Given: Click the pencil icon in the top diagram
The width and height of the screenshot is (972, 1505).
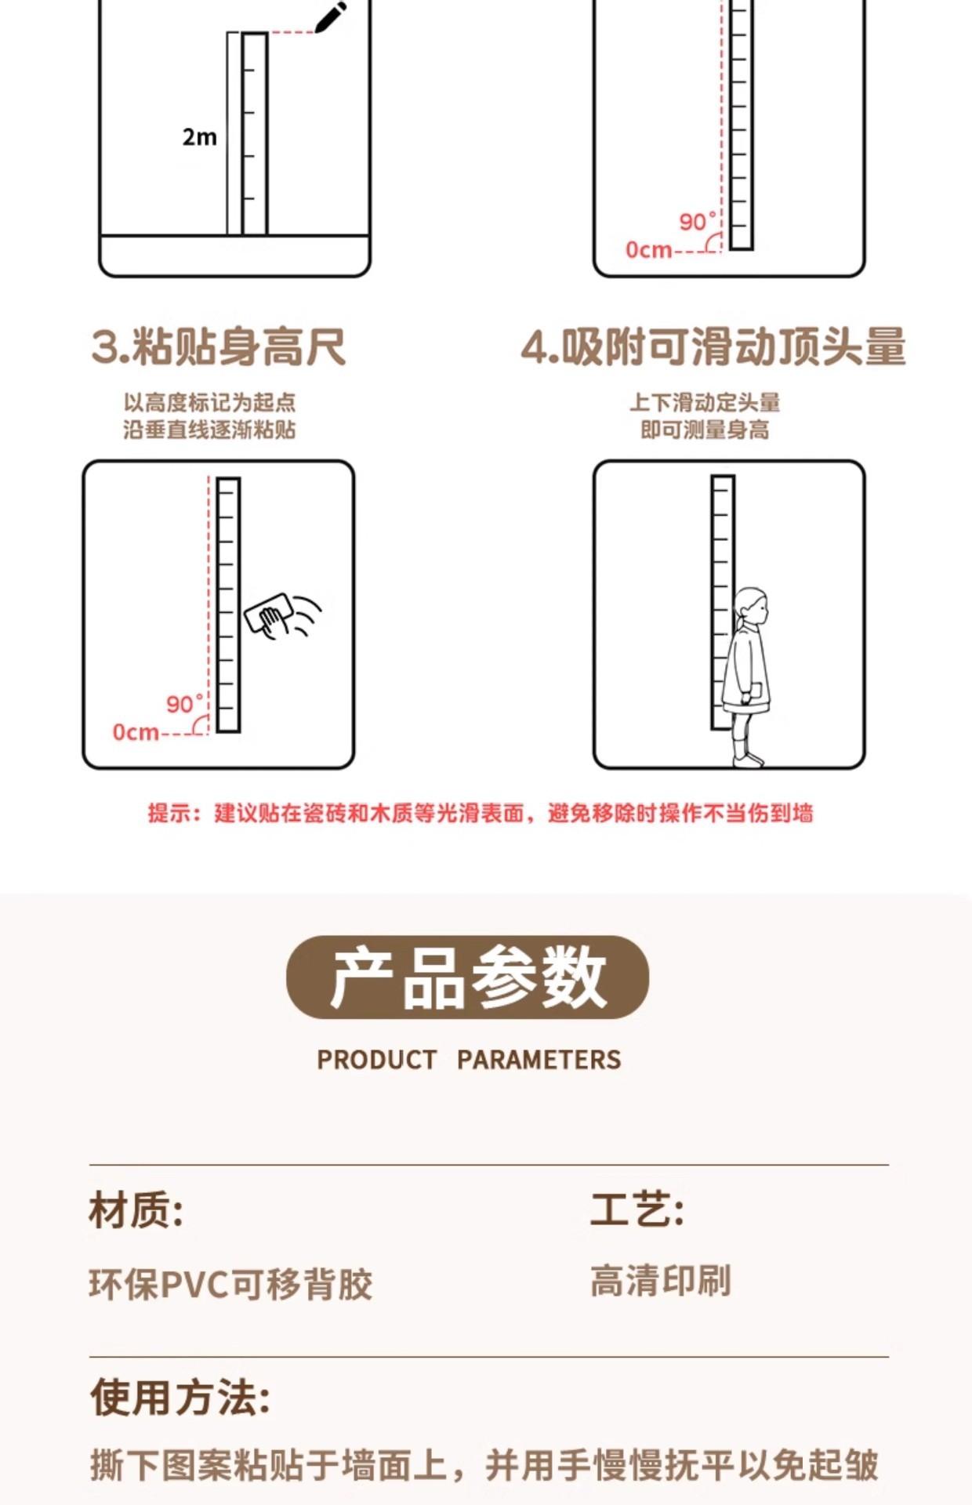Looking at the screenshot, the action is (x=332, y=17).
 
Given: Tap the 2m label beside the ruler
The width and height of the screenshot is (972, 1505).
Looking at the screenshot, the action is (x=199, y=137).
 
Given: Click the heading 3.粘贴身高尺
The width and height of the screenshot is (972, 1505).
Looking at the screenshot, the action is (x=219, y=347).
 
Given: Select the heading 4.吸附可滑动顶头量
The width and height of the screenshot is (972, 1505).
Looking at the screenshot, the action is (x=713, y=347).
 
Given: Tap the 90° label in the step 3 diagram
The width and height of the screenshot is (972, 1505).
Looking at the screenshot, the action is (x=185, y=703).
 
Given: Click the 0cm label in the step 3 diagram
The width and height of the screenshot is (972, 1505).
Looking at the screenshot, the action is (x=136, y=732).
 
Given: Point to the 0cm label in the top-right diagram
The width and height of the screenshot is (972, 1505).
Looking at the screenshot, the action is (x=648, y=250).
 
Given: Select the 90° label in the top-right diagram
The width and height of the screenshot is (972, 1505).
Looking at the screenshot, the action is (x=698, y=222).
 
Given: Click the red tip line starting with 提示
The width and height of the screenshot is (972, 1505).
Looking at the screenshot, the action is (x=481, y=813).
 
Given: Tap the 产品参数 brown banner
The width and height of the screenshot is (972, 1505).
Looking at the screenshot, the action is (x=468, y=977).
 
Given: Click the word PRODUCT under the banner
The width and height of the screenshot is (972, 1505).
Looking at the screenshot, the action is (x=376, y=1060).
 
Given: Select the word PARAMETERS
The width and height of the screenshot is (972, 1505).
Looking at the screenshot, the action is (x=539, y=1060).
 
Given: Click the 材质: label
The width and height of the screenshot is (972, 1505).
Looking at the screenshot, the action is (x=136, y=1209).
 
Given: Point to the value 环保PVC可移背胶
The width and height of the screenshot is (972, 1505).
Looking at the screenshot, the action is (x=230, y=1284).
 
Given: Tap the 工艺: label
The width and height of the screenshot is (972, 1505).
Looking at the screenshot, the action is (x=637, y=1209).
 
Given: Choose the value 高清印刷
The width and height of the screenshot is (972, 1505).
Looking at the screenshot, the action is (x=661, y=1281).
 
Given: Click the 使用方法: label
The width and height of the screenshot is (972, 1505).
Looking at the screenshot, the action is (x=180, y=1398).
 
